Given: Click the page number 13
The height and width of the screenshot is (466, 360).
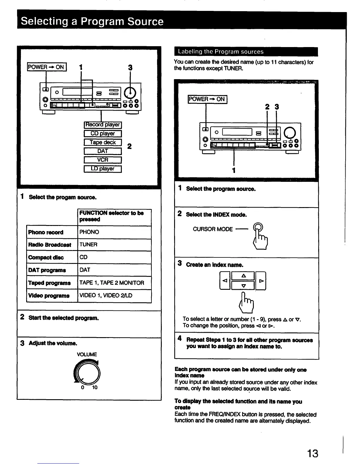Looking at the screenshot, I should click(x=312, y=453).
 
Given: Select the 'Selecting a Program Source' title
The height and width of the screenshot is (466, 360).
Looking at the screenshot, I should click(x=92, y=21).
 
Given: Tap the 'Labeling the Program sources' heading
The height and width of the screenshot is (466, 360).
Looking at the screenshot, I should click(x=221, y=52).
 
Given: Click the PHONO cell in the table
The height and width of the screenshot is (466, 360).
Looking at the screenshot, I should click(x=89, y=232).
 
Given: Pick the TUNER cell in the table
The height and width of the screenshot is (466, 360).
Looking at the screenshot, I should click(x=89, y=244).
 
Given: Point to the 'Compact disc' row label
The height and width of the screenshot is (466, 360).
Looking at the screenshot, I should click(x=46, y=257).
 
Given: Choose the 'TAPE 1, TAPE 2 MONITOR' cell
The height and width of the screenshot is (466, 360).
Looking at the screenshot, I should click(x=112, y=283).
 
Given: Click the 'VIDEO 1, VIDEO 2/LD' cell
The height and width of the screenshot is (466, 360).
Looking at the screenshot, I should click(x=106, y=295).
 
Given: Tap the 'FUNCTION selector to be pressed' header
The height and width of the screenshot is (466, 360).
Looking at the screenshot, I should click(x=111, y=216).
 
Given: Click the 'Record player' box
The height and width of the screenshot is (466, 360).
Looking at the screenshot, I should click(x=103, y=125).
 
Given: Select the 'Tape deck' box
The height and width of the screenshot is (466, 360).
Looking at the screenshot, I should click(x=103, y=142).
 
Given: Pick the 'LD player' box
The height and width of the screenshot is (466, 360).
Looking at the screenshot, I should click(x=103, y=169).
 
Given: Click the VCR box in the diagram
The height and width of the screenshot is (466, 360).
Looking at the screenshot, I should click(x=103, y=160).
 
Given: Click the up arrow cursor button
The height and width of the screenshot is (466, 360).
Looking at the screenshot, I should click(x=243, y=276).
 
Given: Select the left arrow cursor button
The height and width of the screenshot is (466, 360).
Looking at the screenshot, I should click(x=225, y=281).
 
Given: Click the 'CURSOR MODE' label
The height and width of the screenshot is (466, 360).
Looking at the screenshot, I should click(x=213, y=229).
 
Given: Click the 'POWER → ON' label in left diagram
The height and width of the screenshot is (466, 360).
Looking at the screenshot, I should click(x=47, y=67).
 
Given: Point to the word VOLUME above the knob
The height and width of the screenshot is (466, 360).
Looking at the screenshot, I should click(x=87, y=355).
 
